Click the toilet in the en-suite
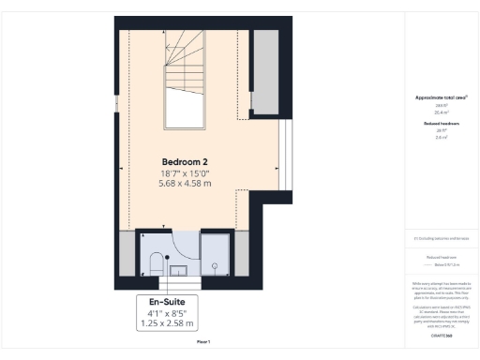click(x=155, y=262)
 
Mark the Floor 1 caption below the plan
click(x=202, y=342)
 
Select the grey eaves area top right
click(x=264, y=70)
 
